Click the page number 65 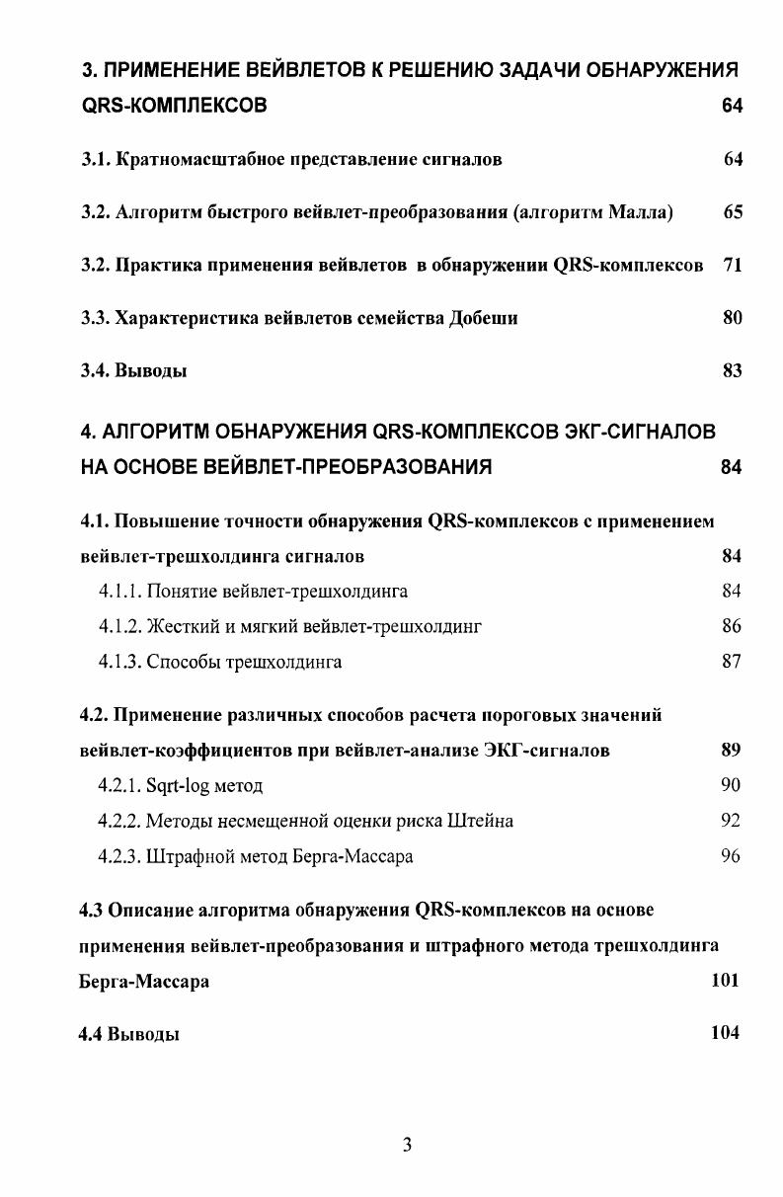coord(732,212)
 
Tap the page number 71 coord(732,266)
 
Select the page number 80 coord(732,318)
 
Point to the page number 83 coord(732,371)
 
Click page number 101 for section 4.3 coord(724,981)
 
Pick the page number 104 coord(724,1033)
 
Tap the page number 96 coord(731,856)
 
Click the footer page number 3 coord(408,1146)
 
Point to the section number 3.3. coord(94,318)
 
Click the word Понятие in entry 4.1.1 coord(181,592)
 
